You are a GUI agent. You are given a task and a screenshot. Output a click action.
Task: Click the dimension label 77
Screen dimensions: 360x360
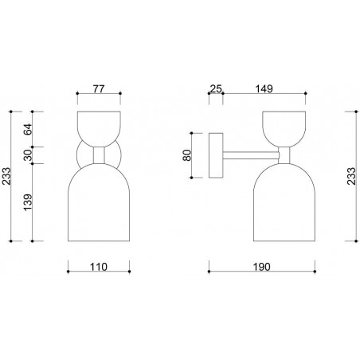pos(99,88)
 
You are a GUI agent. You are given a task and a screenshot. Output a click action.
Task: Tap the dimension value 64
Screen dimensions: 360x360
pos(28,129)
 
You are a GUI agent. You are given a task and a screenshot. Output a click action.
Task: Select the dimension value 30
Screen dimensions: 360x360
pos(28,155)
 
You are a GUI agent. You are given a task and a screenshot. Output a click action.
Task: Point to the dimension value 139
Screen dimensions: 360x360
pos(28,202)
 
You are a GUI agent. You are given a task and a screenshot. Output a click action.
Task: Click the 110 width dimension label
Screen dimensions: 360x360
pos(99,267)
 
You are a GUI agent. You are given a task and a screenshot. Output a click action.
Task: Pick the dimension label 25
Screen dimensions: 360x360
pos(216,88)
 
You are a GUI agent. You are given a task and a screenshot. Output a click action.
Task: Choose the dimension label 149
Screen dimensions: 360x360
pos(264,88)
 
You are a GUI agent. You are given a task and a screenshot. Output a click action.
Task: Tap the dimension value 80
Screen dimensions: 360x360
pos(187,155)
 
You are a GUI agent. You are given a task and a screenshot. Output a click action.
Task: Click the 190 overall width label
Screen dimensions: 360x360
pos(261,267)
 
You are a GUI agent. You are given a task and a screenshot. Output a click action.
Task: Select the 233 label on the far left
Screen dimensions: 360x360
pos(6,176)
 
